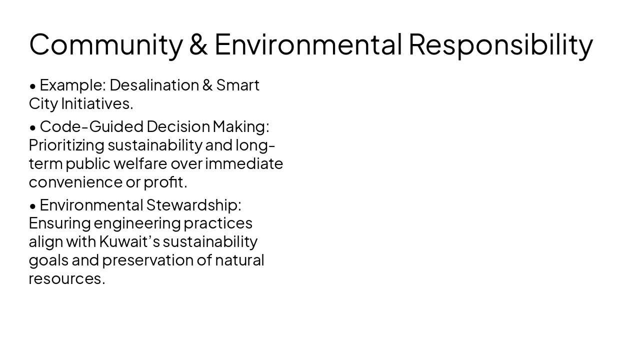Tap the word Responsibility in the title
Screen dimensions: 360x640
tap(500, 44)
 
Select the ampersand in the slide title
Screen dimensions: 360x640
tap(199, 44)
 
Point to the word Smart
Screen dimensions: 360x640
tap(237, 85)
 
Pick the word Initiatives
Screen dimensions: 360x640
tap(97, 104)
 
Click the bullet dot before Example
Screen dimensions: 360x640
tap(33, 86)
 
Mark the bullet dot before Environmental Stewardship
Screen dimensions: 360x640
tap(33, 206)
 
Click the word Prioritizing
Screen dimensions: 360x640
tap(66, 145)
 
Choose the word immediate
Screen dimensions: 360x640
tap(244, 163)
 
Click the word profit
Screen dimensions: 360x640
tap(165, 182)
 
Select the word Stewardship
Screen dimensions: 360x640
tap(193, 205)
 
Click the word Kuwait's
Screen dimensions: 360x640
tap(129, 241)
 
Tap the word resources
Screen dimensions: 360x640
tap(66, 278)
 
